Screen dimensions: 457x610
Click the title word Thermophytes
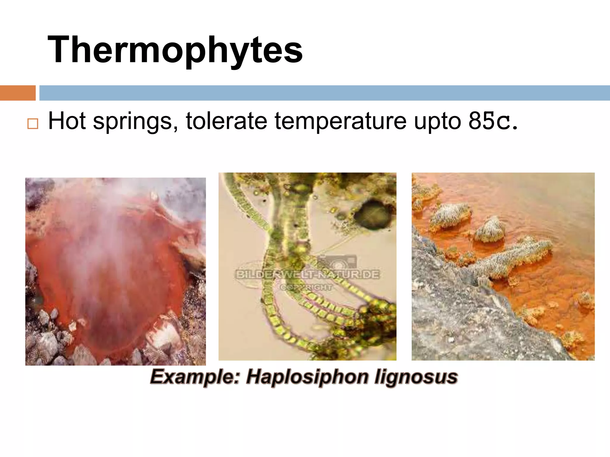point(175,50)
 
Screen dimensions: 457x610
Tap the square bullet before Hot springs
point(33,123)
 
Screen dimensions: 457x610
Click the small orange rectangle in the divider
point(18,93)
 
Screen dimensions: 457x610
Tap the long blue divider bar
point(325,93)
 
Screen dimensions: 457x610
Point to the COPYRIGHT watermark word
point(306,287)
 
